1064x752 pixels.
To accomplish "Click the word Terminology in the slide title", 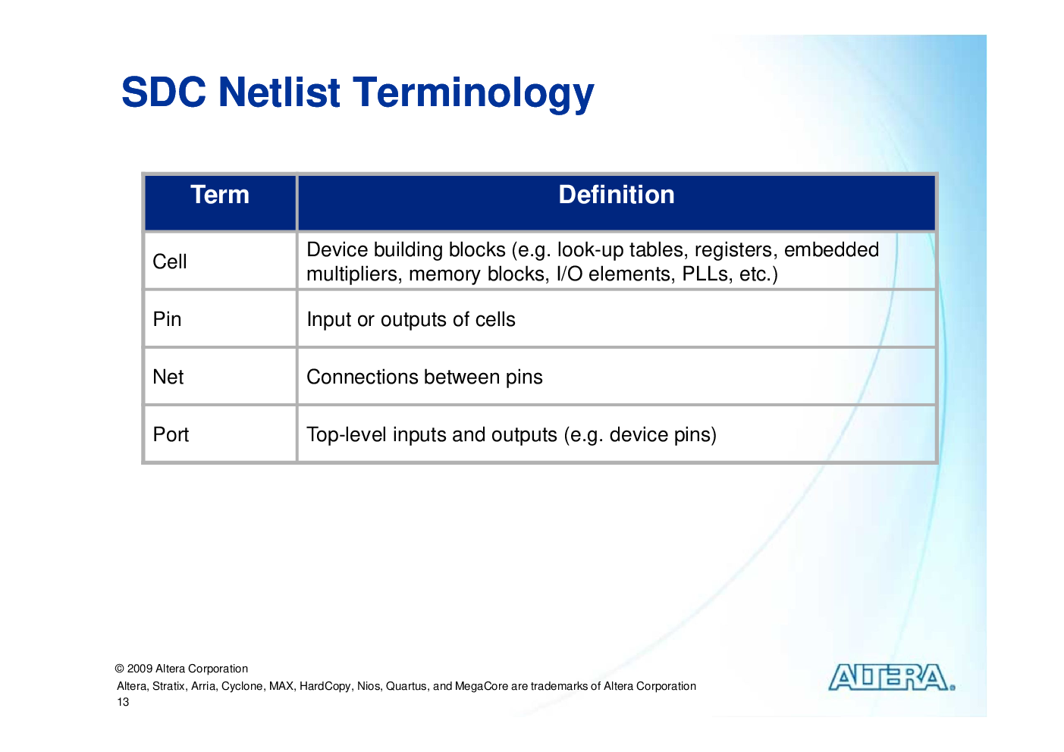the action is (x=473, y=94).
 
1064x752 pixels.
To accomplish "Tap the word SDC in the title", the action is (x=164, y=92).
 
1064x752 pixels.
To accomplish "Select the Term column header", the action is (x=220, y=195).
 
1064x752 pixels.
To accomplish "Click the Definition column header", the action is (x=616, y=195).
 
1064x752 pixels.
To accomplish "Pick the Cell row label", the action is (x=170, y=261).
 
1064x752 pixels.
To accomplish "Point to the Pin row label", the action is (x=167, y=319).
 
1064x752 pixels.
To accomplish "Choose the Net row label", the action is (x=168, y=377).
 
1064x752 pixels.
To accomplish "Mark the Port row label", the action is (x=171, y=434).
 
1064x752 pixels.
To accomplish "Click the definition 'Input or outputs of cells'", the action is (x=411, y=319).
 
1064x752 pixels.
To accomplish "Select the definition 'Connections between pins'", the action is (x=424, y=378).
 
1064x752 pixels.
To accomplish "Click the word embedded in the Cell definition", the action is (x=831, y=249).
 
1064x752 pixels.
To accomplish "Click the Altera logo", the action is (x=892, y=677).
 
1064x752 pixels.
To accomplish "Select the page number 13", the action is (x=123, y=702).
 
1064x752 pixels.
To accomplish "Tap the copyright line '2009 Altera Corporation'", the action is (x=187, y=669).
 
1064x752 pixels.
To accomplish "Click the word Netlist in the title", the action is (x=279, y=92).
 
